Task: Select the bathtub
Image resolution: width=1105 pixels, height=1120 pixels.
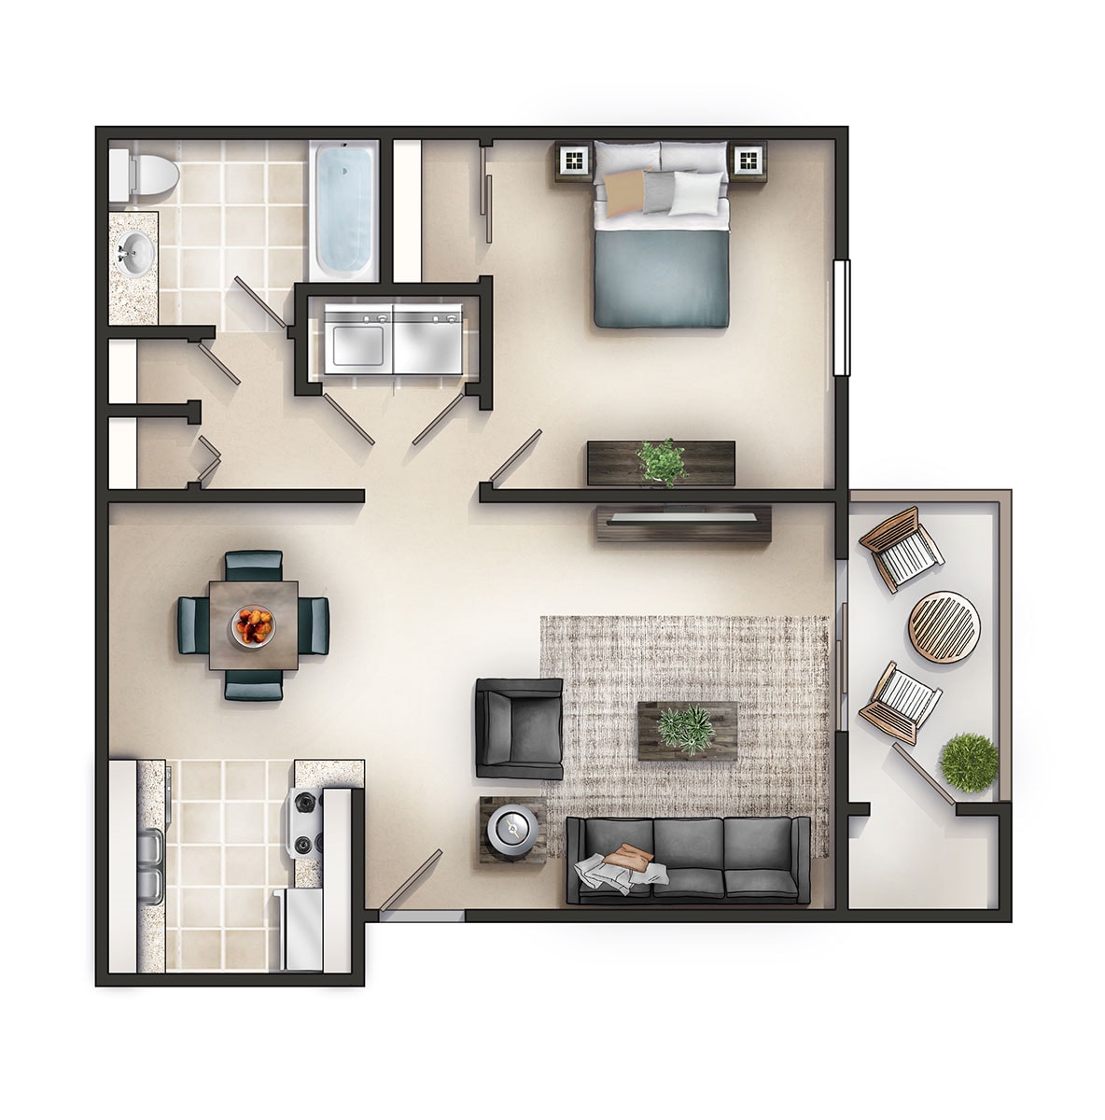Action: pos(345,208)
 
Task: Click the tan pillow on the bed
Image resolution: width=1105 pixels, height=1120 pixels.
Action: pos(621,189)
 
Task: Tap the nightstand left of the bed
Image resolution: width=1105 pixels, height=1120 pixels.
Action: pos(574,161)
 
